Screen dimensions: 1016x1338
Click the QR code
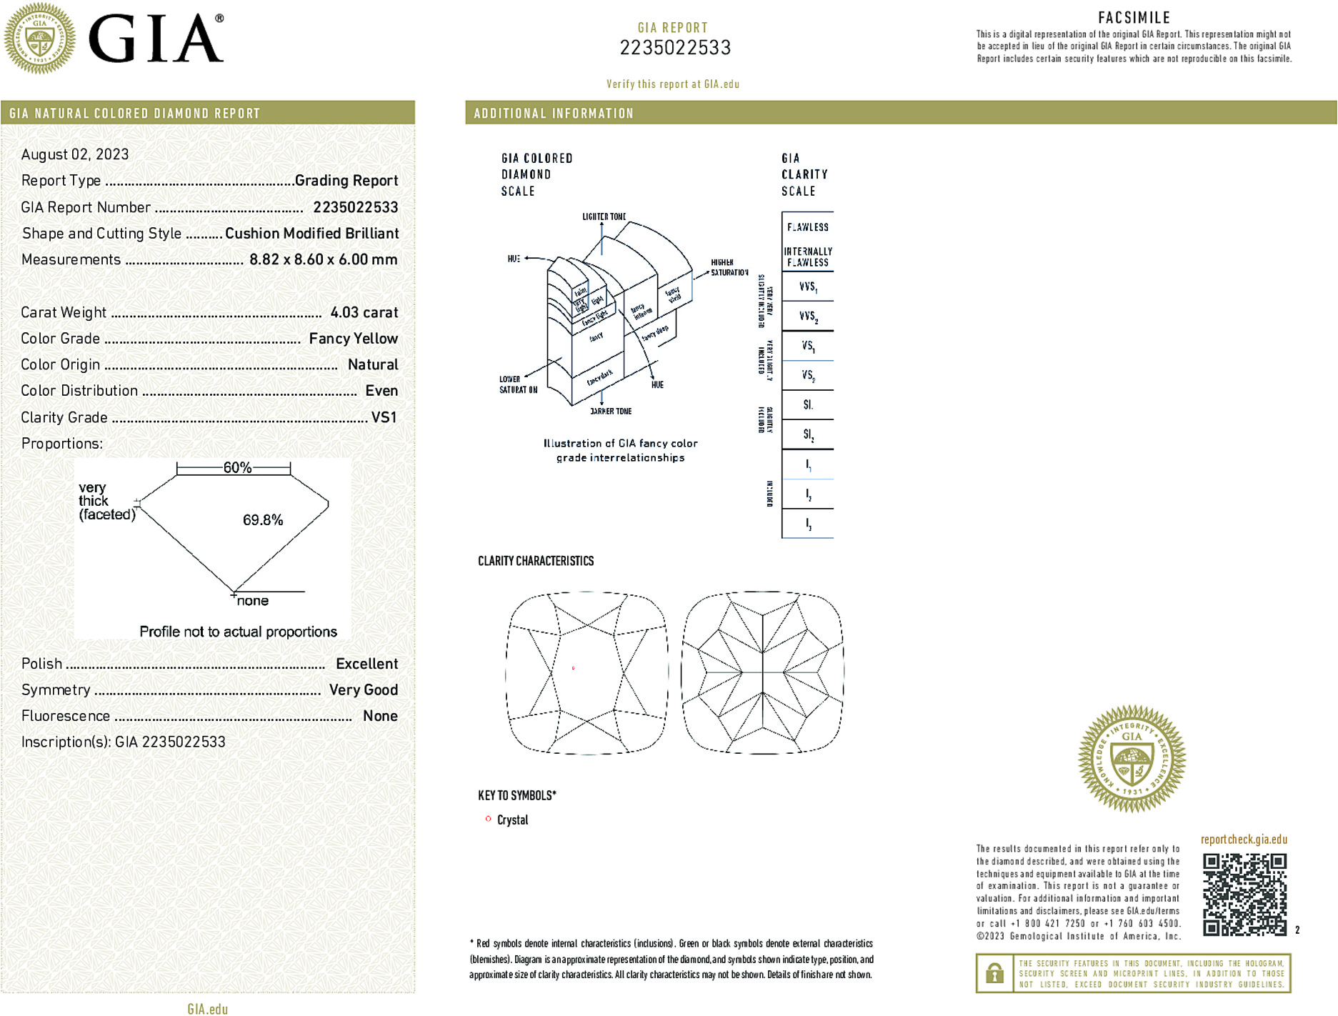click(x=1244, y=894)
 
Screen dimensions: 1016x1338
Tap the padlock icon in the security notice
click(x=994, y=973)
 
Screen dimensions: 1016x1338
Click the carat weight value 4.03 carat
click(x=364, y=312)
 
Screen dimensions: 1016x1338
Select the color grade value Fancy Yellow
click(x=353, y=339)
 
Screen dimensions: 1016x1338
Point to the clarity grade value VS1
click(x=384, y=417)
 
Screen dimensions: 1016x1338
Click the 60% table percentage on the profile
click(x=237, y=468)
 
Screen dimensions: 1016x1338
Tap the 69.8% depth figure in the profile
click(x=262, y=520)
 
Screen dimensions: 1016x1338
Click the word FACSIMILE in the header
click(x=1134, y=18)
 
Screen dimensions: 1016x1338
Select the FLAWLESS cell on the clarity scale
click(x=808, y=227)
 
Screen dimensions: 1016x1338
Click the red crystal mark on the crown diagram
click(x=574, y=669)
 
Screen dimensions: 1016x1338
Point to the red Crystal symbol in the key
click(x=489, y=819)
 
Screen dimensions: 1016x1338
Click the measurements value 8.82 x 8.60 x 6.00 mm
click(x=323, y=259)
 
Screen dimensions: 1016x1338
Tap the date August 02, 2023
click(x=75, y=154)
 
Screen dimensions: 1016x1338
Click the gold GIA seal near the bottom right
click(x=1132, y=759)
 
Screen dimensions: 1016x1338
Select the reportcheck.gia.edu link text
click(x=1244, y=840)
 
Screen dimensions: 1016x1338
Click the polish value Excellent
click(x=366, y=664)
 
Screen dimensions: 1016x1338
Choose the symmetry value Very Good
click(x=363, y=690)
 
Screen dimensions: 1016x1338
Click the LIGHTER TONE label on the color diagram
click(x=604, y=216)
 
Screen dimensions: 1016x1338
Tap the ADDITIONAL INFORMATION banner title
click(x=554, y=114)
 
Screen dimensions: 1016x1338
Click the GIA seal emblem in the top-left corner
click(x=39, y=39)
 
